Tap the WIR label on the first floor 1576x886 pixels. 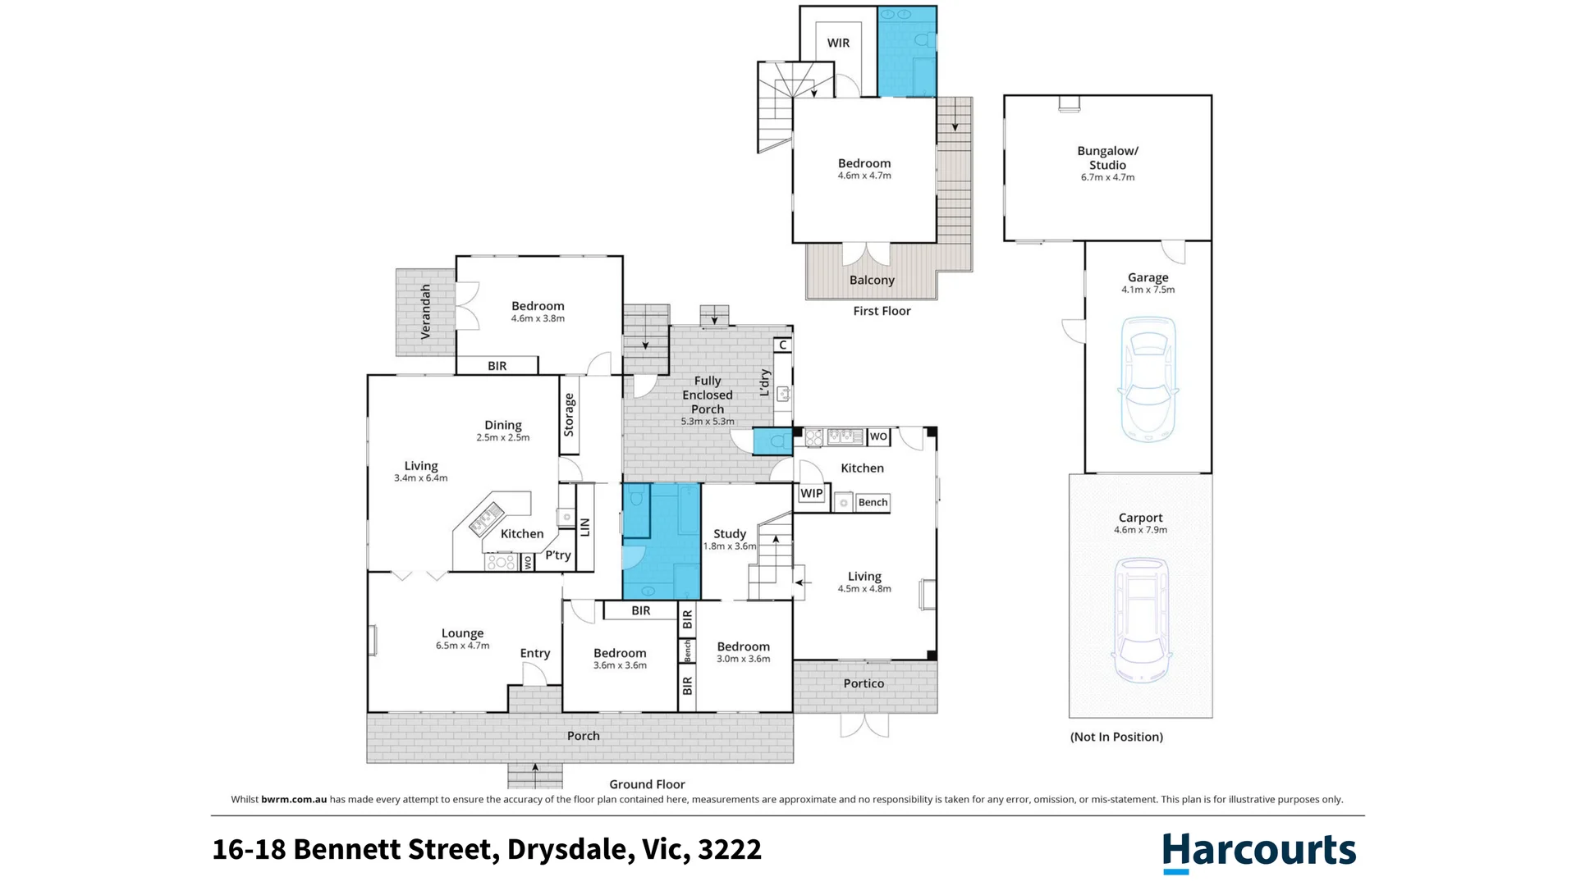pyautogui.click(x=838, y=43)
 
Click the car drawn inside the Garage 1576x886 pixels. pyautogui.click(x=1148, y=379)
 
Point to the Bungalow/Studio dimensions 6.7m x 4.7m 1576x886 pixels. pyautogui.click(x=1107, y=177)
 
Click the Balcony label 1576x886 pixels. pyautogui.click(x=872, y=280)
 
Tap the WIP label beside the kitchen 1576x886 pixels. pyautogui.click(x=811, y=493)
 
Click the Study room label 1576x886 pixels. pyautogui.click(x=729, y=533)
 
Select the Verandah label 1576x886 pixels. pyautogui.click(x=425, y=312)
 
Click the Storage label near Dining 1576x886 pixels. pyautogui.click(x=569, y=415)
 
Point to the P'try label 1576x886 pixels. pyautogui.click(x=558, y=555)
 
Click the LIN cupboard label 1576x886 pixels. pyautogui.click(x=585, y=527)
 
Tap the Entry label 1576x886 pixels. pyautogui.click(x=534, y=653)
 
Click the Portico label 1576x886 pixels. pyautogui.click(x=864, y=683)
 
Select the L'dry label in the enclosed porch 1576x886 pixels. pyautogui.click(x=765, y=382)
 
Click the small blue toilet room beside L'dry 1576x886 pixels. pyautogui.click(x=772, y=441)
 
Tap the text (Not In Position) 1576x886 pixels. pyautogui.click(x=1116, y=737)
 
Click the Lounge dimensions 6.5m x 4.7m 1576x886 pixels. pyautogui.click(x=462, y=646)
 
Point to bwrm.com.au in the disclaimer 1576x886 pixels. pyautogui.click(x=294, y=799)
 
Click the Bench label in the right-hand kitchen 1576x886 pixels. pyautogui.click(x=873, y=502)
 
